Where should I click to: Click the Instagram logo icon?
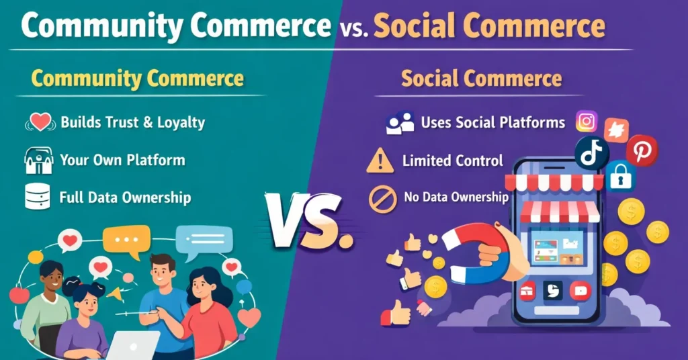coord(587,122)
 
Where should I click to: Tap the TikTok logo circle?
coord(591,154)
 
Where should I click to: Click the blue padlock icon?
coord(621,177)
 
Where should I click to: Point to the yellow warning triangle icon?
coord(380,161)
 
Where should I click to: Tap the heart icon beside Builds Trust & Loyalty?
coord(41,122)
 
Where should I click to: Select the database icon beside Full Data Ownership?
coord(37,197)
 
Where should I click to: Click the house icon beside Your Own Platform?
coord(38,161)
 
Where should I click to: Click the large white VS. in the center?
coord(310,220)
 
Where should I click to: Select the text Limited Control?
coord(452,161)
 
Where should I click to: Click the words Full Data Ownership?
coord(125,197)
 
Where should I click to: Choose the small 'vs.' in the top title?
coord(352,28)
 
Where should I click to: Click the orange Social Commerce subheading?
coord(481,79)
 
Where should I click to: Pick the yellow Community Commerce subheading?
coord(138,79)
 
